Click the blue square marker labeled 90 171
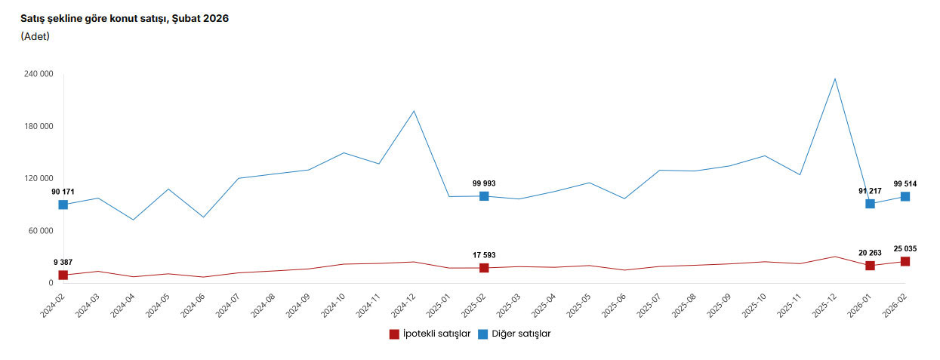coord(63,205)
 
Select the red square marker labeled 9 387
coord(63,275)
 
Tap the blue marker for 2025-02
coord(484,196)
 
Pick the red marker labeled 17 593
coord(484,268)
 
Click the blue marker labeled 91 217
coord(870,204)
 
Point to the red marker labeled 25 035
coord(905,261)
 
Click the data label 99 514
coord(905,183)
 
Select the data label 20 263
coord(870,253)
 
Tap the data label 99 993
coord(484,183)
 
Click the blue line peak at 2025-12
coord(835,78)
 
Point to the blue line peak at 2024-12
coord(414,111)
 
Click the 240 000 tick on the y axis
coord(38,74)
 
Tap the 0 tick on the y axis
coord(50,283)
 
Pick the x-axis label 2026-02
coord(897,306)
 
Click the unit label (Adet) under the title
coord(35,36)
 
